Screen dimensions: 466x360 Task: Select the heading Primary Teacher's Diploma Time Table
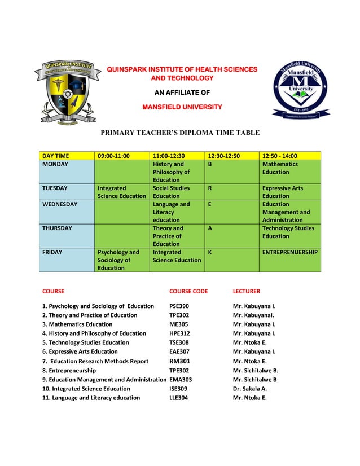[x=180, y=133]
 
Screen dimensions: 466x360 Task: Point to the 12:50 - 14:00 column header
[x=280, y=156]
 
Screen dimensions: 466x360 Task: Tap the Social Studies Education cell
[x=172, y=192]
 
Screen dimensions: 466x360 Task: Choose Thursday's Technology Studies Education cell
[x=288, y=232]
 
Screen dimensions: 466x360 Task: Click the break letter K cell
[x=210, y=252]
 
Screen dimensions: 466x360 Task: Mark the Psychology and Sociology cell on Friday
[x=118, y=260]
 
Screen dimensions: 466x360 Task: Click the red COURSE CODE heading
[x=188, y=292]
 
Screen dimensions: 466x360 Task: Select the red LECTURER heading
[x=247, y=292]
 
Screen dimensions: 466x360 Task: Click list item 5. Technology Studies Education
[x=86, y=342]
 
